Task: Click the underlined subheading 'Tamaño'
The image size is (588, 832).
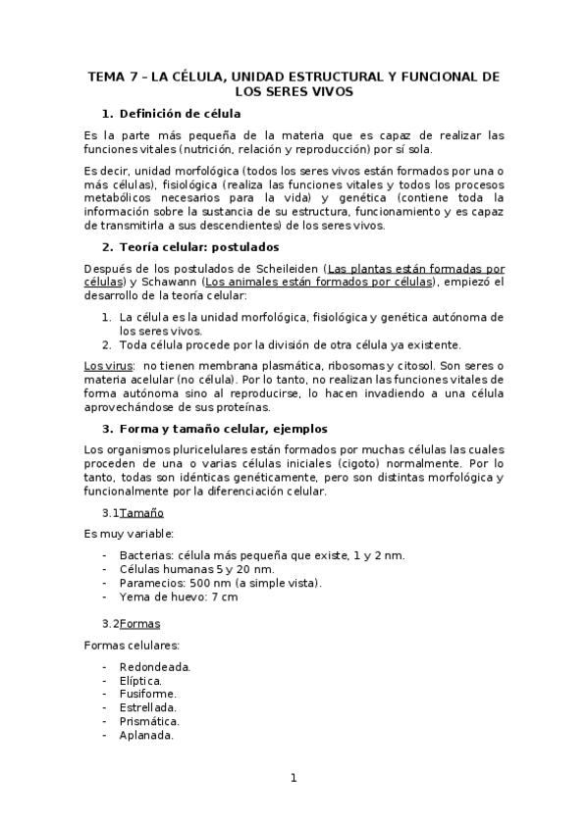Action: [x=141, y=513]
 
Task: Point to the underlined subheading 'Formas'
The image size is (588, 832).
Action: [x=139, y=623]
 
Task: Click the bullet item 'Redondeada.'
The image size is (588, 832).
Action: [x=154, y=666]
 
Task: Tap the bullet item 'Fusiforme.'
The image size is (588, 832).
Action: [x=149, y=694]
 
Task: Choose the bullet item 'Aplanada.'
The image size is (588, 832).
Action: [x=148, y=735]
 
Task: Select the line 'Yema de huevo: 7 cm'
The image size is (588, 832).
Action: [x=178, y=597]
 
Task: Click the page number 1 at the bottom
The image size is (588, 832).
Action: [x=293, y=779]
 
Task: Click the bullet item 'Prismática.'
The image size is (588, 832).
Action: [x=150, y=721]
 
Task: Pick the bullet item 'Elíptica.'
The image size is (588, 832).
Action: [x=140, y=680]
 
